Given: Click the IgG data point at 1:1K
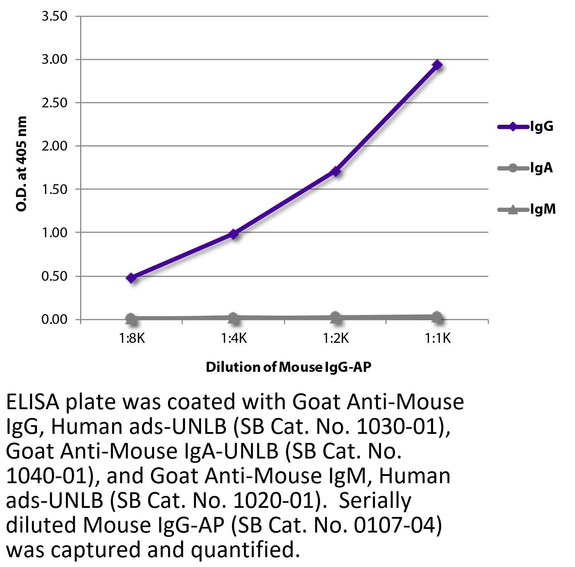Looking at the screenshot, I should (438, 65).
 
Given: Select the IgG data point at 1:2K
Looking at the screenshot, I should (336, 171).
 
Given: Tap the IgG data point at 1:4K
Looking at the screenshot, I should (234, 234).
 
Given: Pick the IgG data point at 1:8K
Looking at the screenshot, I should (131, 278).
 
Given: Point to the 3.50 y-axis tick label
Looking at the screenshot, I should (54, 16).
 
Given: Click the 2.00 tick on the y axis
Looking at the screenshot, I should (54, 146).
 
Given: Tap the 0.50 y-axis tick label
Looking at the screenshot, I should (54, 276).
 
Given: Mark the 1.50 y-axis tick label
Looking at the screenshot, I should (54, 189).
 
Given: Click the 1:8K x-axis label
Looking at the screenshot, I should (132, 338).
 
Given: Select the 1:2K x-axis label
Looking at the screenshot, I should (336, 338).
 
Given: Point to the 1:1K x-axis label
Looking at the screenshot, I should (438, 338).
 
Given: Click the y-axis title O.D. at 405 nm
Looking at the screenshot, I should (21, 164).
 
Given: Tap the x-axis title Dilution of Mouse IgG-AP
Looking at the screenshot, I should (289, 367).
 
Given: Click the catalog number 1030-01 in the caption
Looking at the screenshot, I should (397, 427).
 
